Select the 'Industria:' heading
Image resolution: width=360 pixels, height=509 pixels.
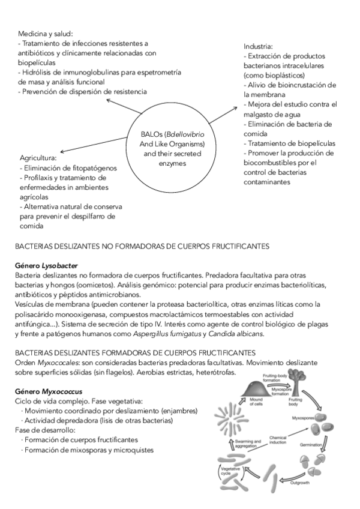click(259, 46)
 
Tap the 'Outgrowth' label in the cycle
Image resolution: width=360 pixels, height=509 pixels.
click(301, 483)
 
